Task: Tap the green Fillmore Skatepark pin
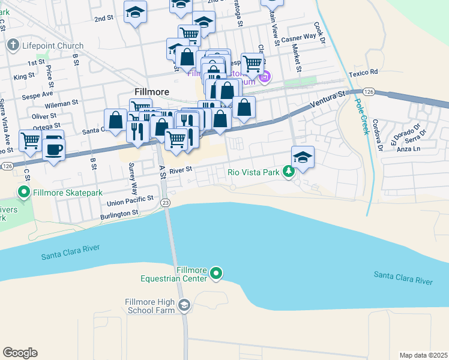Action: tap(24, 193)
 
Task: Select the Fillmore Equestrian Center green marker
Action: tap(217, 274)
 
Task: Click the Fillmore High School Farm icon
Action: tap(184, 306)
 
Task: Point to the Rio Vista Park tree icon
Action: tap(289, 172)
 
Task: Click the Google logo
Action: tap(20, 353)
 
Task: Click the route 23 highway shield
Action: tap(165, 203)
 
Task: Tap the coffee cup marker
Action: tap(53, 147)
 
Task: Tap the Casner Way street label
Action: tap(298, 40)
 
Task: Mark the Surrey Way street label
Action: tap(133, 178)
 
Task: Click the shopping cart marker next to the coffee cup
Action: tap(30, 141)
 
